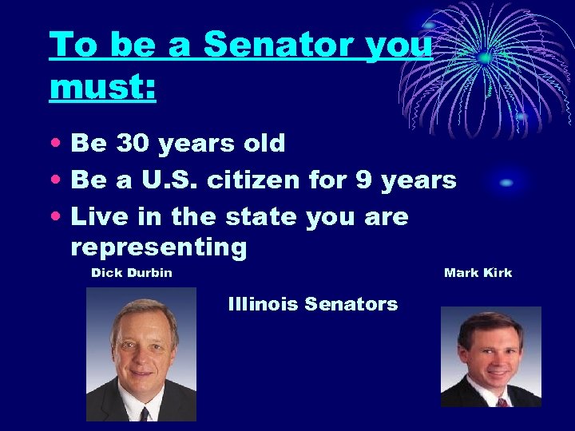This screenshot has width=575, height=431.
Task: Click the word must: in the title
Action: click(x=102, y=86)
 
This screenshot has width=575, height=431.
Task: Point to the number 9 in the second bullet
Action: click(x=363, y=180)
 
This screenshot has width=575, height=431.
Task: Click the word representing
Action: click(x=159, y=247)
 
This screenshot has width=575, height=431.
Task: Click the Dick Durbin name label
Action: click(x=132, y=273)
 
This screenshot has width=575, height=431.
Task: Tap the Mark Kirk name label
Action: click(x=478, y=273)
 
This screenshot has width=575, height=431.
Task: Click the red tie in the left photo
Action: click(x=145, y=413)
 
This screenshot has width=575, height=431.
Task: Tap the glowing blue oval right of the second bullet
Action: click(x=506, y=184)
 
